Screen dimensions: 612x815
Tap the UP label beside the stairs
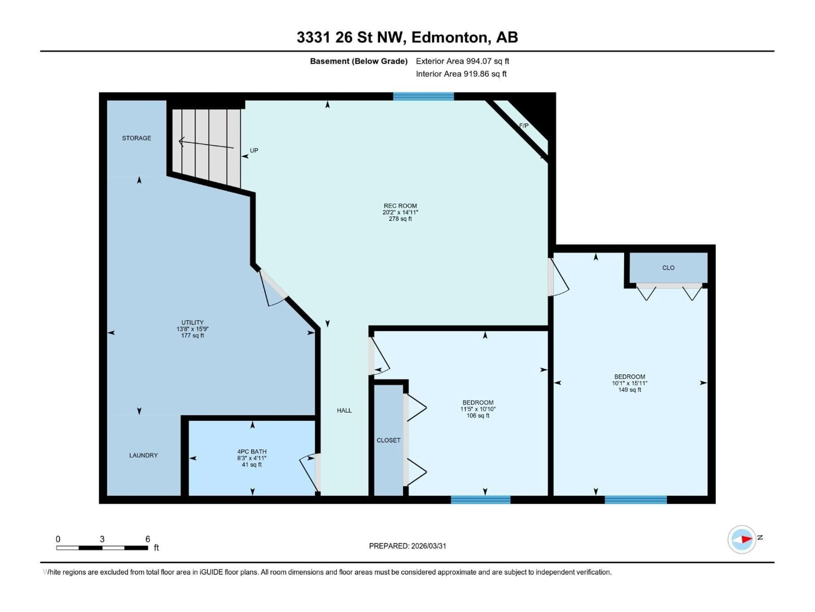point(254,150)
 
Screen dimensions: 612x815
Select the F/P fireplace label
point(524,126)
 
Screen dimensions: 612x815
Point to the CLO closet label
point(668,268)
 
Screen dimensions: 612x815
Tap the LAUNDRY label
point(143,455)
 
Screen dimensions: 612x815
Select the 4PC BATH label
point(252,452)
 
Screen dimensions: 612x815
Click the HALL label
point(344,410)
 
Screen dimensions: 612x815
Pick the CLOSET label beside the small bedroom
point(388,440)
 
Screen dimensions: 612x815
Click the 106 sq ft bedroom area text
point(478,416)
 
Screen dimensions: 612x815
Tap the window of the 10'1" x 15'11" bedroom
point(636,500)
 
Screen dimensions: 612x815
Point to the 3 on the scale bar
point(102,539)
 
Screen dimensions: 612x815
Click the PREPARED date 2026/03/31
point(407,546)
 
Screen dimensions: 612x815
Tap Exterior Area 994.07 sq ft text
point(462,61)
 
